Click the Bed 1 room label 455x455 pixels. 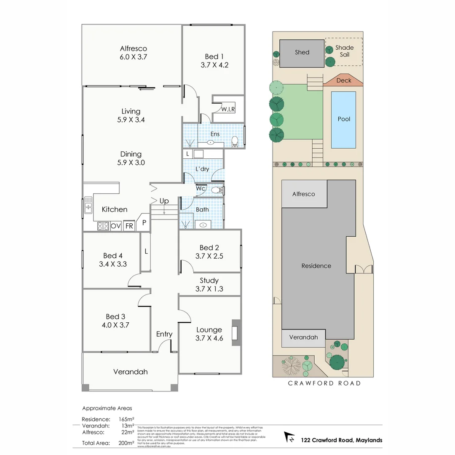pos(212,56)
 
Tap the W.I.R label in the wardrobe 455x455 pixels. pos(227,109)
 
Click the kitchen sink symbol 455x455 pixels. pos(88,205)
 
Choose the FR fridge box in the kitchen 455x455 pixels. pos(129,226)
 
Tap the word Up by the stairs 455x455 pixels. pos(164,201)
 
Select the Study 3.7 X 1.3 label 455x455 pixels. pos(209,284)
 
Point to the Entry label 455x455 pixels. pos(164,334)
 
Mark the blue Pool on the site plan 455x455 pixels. pos(344,120)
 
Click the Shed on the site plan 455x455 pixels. pos(302,53)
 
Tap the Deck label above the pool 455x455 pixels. pos(343,80)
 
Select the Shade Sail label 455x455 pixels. pos(344,51)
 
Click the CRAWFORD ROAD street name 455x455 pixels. pos(324,383)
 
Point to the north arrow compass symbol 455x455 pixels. pos(290,437)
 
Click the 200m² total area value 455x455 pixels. pos(126,443)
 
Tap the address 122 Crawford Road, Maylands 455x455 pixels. pos(341,440)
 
